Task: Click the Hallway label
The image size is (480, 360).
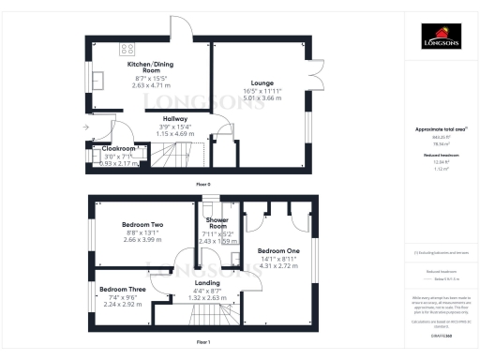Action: pyautogui.click(x=174, y=120)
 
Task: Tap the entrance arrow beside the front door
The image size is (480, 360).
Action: pyautogui.click(x=87, y=126)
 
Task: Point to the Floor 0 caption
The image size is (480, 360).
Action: pyautogui.click(x=203, y=184)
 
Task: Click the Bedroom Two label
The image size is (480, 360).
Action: pyautogui.click(x=142, y=225)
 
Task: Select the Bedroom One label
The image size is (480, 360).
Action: pyautogui.click(x=278, y=251)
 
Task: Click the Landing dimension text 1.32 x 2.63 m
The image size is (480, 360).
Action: pyautogui.click(x=207, y=297)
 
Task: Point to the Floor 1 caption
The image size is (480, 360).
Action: pyautogui.click(x=203, y=343)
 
